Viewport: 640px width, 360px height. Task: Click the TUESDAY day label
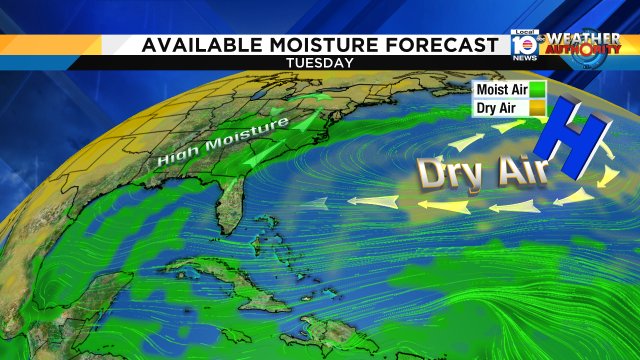pos(319,63)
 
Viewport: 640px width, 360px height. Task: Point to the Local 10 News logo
pos(523,44)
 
